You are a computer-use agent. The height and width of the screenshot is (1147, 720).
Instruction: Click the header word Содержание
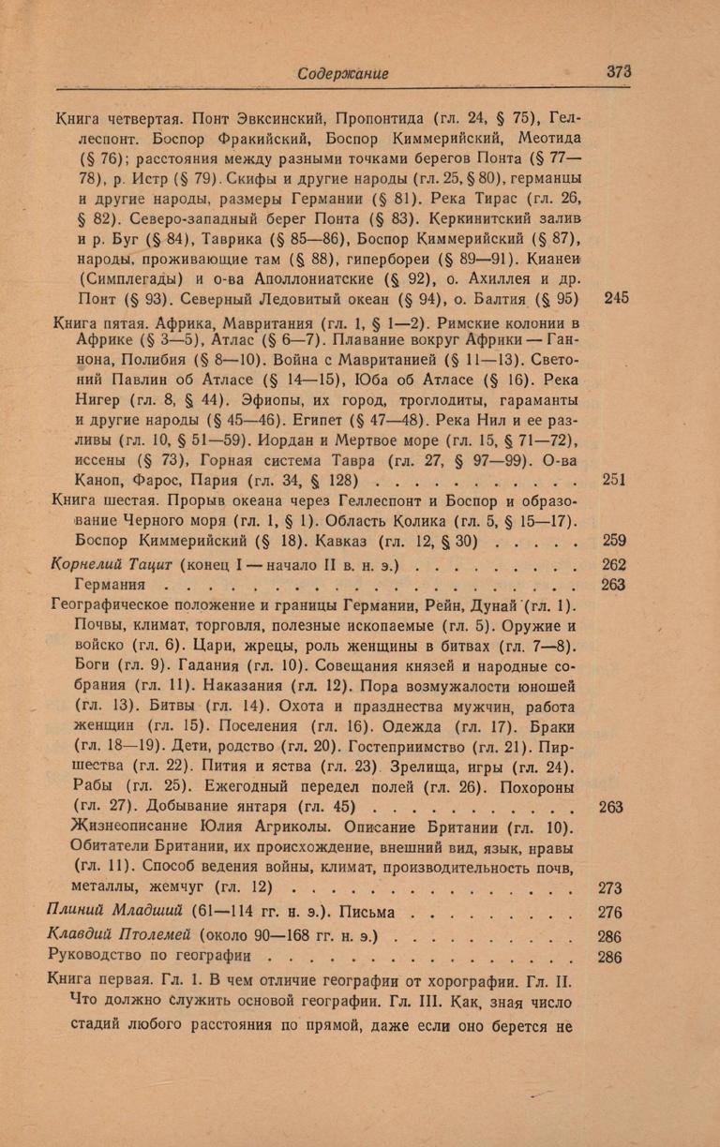tap(342, 73)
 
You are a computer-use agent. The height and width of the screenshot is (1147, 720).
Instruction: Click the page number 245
tap(616, 298)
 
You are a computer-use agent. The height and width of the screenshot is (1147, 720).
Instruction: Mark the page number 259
tap(615, 542)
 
